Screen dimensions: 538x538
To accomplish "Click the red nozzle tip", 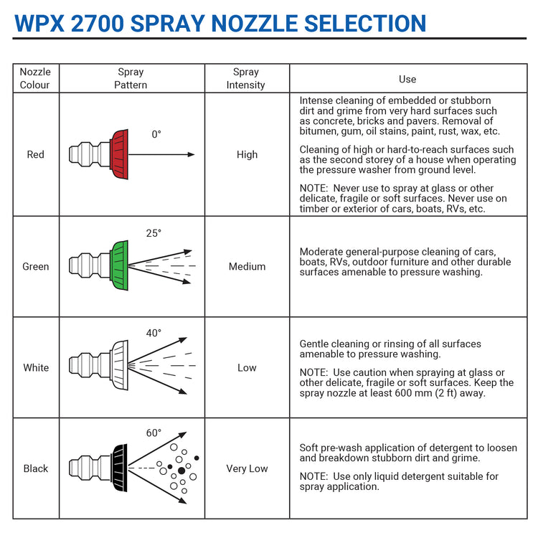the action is pos(119,154).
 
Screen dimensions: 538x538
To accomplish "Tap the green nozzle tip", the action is pos(119,265).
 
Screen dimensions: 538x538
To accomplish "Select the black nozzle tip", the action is pos(119,468).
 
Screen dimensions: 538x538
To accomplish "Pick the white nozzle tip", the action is pos(119,365).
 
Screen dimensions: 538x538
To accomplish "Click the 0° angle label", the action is pos(156,134).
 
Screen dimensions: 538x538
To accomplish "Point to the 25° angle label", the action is pos(154,233).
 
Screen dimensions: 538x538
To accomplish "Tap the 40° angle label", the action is pos(154,333).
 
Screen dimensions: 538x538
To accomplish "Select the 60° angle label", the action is pos(154,433).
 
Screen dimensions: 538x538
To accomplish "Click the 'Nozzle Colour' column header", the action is pos(35,78).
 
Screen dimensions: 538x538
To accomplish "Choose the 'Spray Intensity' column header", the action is pos(245,78).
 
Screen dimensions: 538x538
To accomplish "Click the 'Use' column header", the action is pos(407,79).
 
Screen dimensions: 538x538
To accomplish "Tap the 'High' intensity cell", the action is pos(247,155).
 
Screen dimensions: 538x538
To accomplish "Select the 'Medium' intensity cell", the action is pos(247,267).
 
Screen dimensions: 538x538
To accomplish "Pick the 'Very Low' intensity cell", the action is pos(247,468).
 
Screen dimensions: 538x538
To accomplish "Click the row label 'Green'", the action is pos(36,267).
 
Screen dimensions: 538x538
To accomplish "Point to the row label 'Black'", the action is pos(36,468).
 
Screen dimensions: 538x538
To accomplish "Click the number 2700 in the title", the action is pos(98,24).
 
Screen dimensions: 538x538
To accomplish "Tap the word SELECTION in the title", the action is pos(365,24).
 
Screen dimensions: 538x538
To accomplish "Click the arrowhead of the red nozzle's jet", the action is pos(191,154).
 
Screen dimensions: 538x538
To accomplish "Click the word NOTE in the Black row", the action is pos(313,476).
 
